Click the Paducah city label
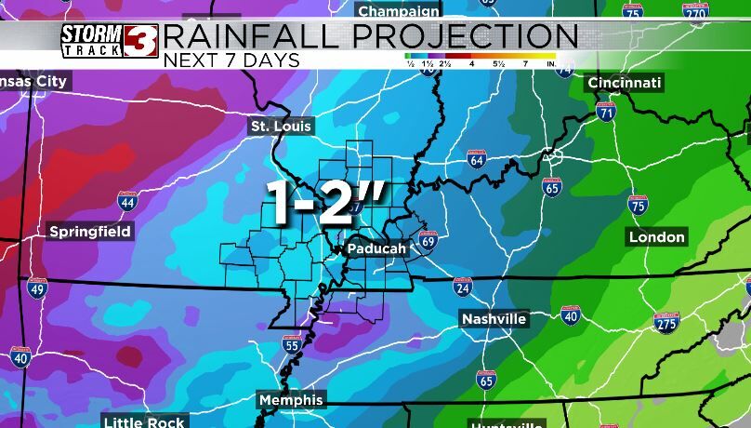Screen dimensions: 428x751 tap(376, 249)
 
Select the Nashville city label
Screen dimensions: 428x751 tap(494, 319)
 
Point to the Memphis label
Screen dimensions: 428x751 tap(291, 400)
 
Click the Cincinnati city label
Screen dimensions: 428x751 tap(625, 84)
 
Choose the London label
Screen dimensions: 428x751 tap(657, 237)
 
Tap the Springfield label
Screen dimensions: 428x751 tap(90, 231)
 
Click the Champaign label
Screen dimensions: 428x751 tap(399, 11)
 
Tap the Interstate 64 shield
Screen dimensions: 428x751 tap(477, 159)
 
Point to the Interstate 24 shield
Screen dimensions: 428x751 tap(462, 287)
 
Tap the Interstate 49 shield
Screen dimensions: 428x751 tap(37, 288)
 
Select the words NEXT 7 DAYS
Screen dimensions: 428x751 tap(231, 60)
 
